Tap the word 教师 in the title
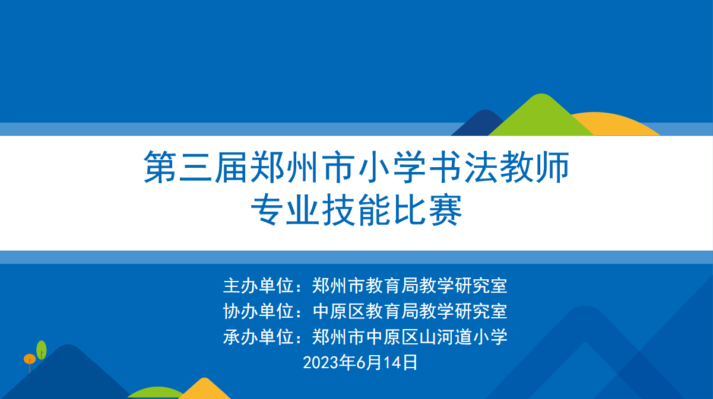[535, 167]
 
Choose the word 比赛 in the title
[427, 210]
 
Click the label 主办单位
[258, 286]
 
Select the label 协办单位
[258, 311]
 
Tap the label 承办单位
[258, 337]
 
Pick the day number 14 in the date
[392, 363]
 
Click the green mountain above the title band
[541, 117]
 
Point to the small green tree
[42, 350]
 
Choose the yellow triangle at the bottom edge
[204, 390]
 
